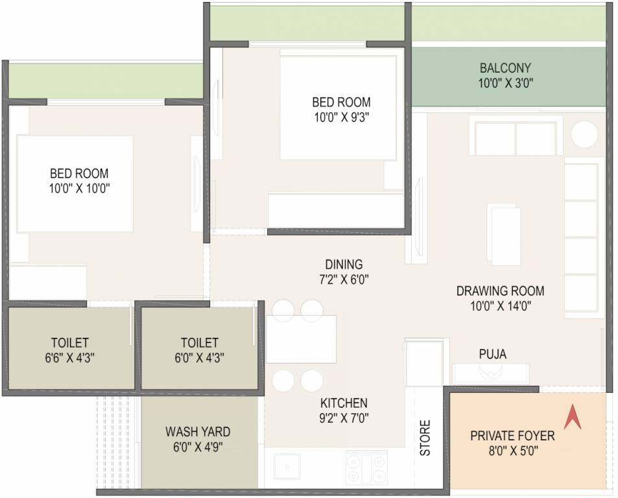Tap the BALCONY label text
pyautogui.click(x=505, y=68)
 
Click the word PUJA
pyautogui.click(x=492, y=354)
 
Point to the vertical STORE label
pyautogui.click(x=425, y=438)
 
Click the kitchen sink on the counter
pyautogui.click(x=286, y=466)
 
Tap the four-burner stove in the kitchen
pyautogui.click(x=366, y=467)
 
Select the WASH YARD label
pyautogui.click(x=197, y=432)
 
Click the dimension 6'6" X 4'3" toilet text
pyautogui.click(x=69, y=357)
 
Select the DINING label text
pyautogui.click(x=344, y=265)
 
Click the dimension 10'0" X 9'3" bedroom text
pyautogui.click(x=341, y=117)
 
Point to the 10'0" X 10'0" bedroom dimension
pyautogui.click(x=79, y=189)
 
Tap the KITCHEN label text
pyautogui.click(x=344, y=403)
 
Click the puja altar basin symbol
pyautogui.click(x=490, y=372)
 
